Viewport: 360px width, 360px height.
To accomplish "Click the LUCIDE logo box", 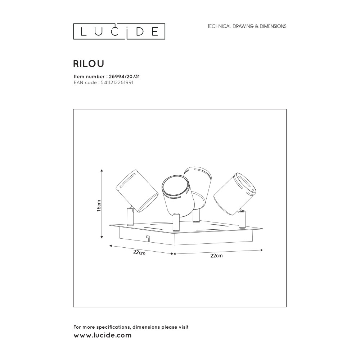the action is [x=119, y=31].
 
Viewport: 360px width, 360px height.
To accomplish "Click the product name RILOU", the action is [x=89, y=64].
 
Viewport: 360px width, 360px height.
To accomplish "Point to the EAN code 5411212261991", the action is [x=117, y=82].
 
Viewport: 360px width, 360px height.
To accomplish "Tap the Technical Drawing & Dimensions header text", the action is [x=247, y=26].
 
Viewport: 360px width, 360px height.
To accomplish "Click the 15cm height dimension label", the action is [x=99, y=206].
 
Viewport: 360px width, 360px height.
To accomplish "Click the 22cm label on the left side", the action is [x=139, y=252].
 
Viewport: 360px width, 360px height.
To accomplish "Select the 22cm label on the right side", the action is [x=216, y=256].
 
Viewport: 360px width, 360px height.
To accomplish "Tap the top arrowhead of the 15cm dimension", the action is [x=102, y=170].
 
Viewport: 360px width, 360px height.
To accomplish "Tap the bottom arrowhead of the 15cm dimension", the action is [x=102, y=237].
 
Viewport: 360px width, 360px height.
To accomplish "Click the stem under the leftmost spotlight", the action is [x=130, y=216].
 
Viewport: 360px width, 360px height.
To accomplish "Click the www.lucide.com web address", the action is [x=102, y=335].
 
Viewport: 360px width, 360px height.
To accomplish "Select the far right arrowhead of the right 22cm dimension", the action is [x=261, y=250].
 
